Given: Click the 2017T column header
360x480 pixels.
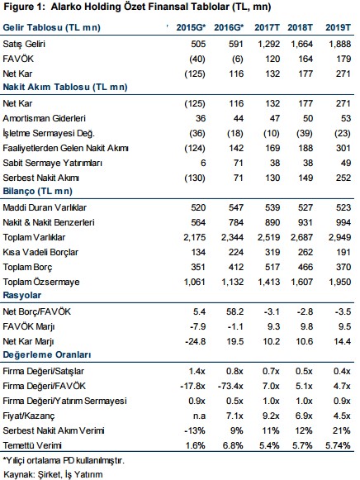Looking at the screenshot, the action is click(267, 27).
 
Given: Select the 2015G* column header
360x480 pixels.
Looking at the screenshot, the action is click(191, 27).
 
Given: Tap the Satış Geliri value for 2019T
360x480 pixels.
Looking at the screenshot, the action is click(339, 44).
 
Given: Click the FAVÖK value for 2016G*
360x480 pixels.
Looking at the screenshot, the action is click(237, 59).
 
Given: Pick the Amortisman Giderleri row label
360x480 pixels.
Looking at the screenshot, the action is click(44, 118).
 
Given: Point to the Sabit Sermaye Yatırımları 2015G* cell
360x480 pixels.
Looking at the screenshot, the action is click(203, 163).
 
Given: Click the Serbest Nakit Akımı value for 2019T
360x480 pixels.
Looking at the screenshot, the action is click(343, 178).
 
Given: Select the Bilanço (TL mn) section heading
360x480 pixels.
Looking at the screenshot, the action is click(38, 192).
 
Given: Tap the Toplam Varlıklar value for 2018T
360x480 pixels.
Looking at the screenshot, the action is click(301, 238).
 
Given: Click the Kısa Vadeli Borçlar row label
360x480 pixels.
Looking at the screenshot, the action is click(40, 252).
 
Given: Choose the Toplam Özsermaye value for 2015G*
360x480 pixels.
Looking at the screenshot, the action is click(195, 282).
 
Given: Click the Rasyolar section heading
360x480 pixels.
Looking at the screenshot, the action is click(22, 296).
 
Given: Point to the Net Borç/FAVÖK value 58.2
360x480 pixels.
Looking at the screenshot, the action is click(234, 311).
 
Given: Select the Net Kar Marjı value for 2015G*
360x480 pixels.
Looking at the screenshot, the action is click(196, 341).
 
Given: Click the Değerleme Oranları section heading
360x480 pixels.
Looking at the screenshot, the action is click(47, 354).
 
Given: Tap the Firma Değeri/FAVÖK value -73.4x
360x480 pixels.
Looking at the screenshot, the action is click(230, 386).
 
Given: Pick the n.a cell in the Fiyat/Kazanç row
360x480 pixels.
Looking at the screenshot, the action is click(199, 416).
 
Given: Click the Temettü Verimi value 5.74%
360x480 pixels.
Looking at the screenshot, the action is click(338, 445).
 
